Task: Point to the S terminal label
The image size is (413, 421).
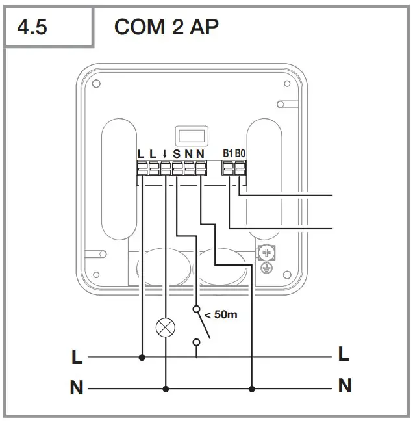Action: pos(177,154)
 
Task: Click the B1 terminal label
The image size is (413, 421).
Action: pos(228,154)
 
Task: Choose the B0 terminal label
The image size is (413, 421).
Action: pos(240,154)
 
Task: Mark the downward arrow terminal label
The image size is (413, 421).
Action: pos(165,154)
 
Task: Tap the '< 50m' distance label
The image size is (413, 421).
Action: pos(221,314)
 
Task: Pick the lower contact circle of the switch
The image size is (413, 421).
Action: pos(196,341)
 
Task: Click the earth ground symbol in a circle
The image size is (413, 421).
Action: pos(264,267)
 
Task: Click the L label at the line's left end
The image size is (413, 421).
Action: pos(77,357)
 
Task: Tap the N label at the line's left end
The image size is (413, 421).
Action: pos(77,389)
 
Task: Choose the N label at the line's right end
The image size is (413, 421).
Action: pos(345,386)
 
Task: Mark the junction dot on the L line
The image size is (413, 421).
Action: pos(142,357)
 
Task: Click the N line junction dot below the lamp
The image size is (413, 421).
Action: pos(166,389)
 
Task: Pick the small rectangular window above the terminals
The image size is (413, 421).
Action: pos(188,135)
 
